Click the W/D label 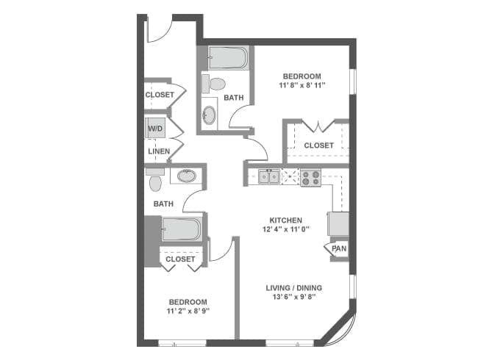point(155,129)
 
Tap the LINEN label point(158,152)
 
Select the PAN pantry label point(338,248)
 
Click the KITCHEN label point(286,220)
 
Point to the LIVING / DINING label point(294,287)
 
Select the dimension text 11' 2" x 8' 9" point(188,312)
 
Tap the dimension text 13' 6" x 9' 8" point(294,298)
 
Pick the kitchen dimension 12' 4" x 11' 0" point(286,230)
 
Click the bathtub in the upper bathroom point(229,57)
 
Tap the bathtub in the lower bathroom point(181,230)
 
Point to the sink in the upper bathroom point(210,115)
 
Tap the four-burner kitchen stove point(310,176)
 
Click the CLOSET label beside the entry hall point(159,95)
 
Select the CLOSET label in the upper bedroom point(318,145)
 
